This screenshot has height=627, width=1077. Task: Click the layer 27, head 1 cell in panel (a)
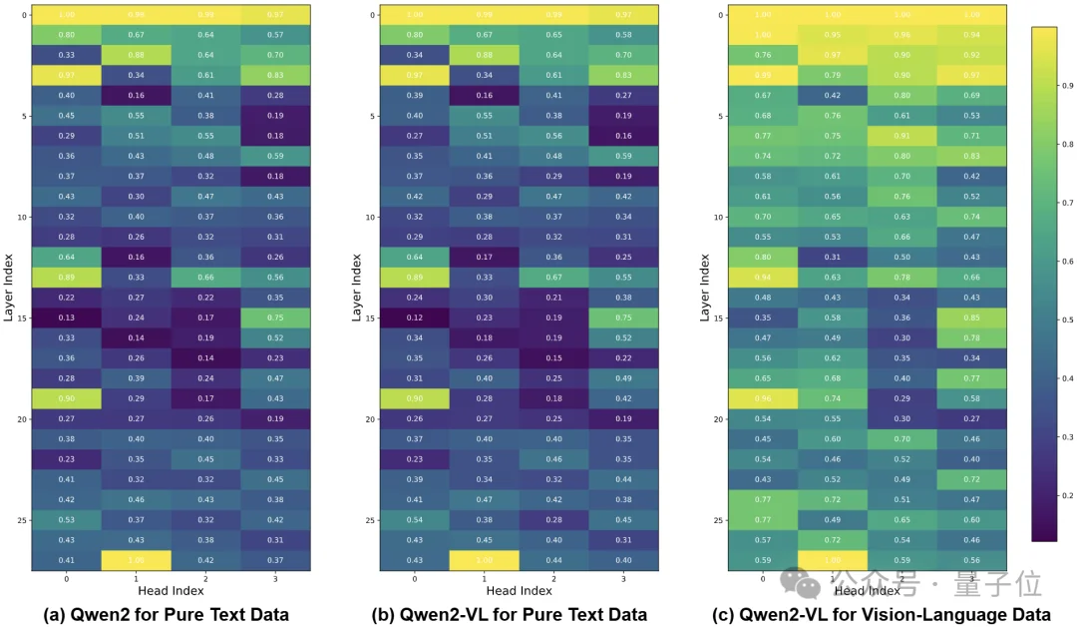[137, 561]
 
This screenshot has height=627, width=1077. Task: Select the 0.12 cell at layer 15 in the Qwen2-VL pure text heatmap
[415, 318]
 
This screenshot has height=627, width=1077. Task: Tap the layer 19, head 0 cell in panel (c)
[763, 399]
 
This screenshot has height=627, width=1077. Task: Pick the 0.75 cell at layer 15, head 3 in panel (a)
[275, 318]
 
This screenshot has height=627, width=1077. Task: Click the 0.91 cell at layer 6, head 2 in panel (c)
[902, 136]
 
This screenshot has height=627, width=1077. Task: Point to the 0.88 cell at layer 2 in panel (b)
[485, 55]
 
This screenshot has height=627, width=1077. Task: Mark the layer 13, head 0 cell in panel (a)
[67, 278]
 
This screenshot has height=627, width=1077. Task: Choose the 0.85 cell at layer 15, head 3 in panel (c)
[972, 318]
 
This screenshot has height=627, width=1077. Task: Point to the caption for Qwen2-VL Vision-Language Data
[867, 614]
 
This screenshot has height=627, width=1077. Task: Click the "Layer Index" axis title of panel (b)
[356, 288]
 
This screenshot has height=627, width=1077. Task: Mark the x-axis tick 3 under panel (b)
[624, 578]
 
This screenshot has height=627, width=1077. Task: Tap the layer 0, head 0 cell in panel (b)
[415, 14]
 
